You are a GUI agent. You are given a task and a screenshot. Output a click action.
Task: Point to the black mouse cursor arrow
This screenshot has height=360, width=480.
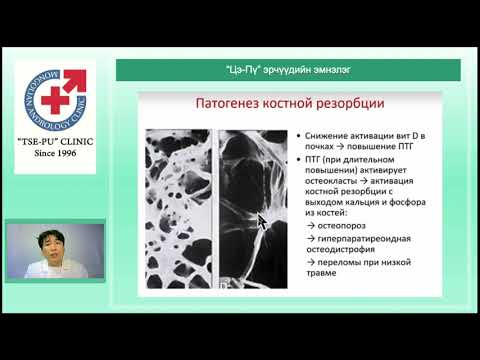point(261,221)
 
